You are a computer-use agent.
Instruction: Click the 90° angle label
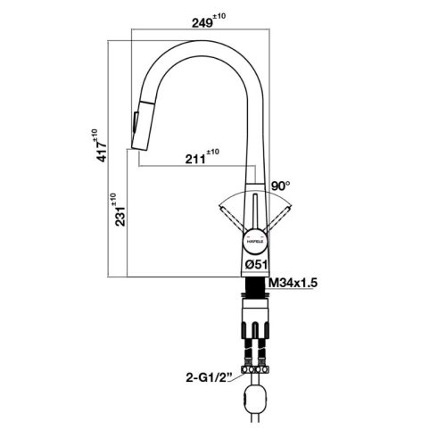pyautogui.click(x=282, y=186)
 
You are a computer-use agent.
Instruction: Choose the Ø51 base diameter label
pyautogui.click(x=257, y=265)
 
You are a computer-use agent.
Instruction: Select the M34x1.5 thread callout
pyautogui.click(x=294, y=284)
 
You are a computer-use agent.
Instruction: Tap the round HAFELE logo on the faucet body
pyautogui.click(x=250, y=241)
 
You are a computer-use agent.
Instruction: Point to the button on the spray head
pyautogui.click(x=136, y=116)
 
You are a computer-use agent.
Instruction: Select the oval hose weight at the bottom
pyautogui.click(x=255, y=397)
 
